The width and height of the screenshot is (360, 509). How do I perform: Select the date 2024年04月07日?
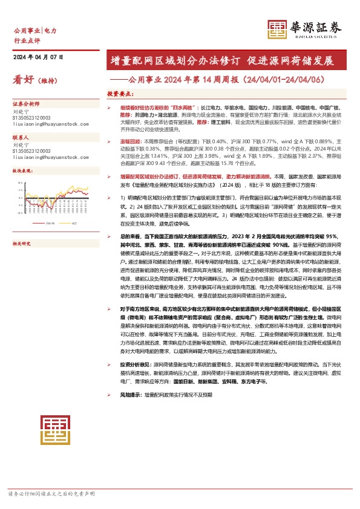(38, 57)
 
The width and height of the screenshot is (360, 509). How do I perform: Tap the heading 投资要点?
(120, 94)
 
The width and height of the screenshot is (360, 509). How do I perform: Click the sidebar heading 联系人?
(21, 138)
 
